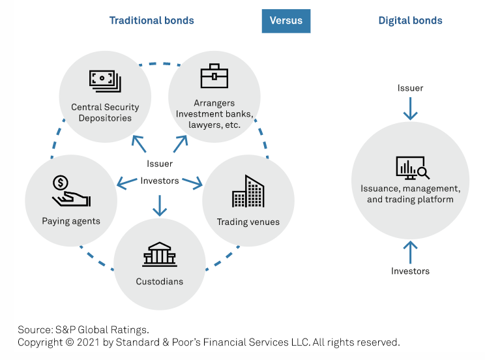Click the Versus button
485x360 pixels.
(286, 21)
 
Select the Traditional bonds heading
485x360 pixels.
(151, 20)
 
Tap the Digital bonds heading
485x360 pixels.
(411, 20)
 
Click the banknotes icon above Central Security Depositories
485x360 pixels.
(105, 81)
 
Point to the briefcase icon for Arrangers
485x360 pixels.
(214, 76)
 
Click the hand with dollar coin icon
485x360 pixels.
(72, 191)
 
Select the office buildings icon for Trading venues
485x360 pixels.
(248, 191)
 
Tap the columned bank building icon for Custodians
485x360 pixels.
(160, 254)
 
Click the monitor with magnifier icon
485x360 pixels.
(413, 168)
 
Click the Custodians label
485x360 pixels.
(160, 281)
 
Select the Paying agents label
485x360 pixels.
(71, 221)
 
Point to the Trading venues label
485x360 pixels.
(248, 222)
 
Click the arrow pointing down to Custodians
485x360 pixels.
(160, 205)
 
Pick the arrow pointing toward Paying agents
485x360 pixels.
(127, 183)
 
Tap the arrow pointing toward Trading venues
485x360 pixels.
(192, 183)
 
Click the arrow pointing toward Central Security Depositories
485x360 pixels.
(139, 144)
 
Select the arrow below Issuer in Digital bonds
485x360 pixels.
(411, 109)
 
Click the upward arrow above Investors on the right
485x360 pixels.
(411, 252)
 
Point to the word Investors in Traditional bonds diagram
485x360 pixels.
(160, 181)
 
